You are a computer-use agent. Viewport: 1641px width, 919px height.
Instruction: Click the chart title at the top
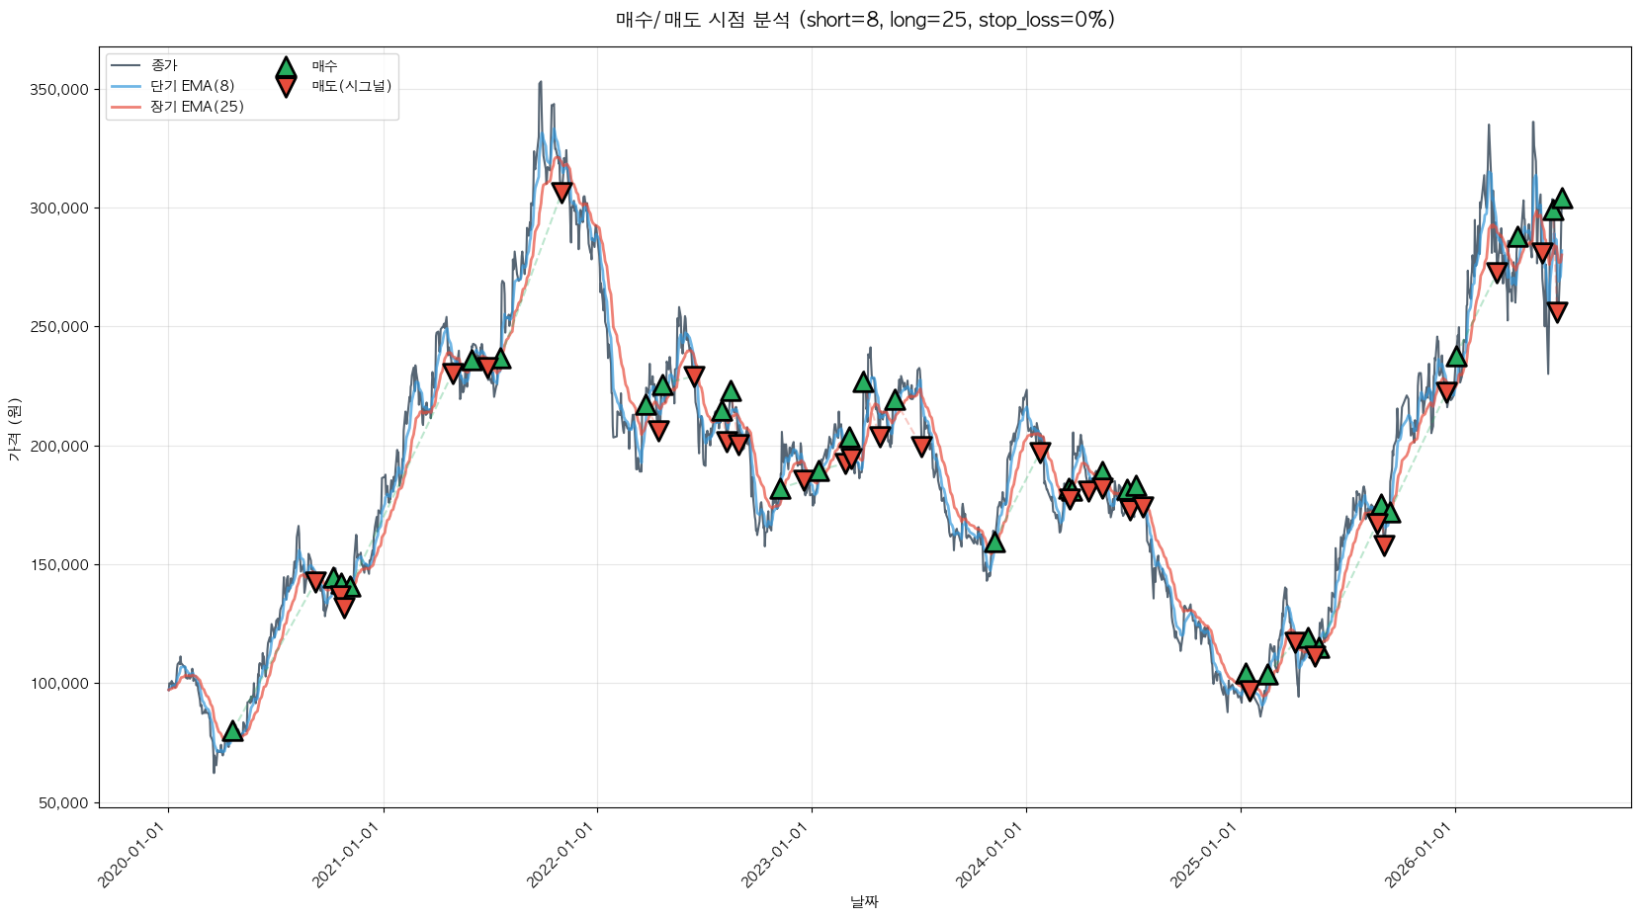pos(865,20)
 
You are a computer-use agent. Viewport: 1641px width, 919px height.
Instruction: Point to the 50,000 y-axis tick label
pos(63,802)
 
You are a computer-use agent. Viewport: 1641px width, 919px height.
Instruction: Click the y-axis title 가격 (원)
pos(15,429)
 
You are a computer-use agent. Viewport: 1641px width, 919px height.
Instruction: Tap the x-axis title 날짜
pos(864,901)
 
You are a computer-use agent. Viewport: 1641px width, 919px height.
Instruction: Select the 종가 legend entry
pos(164,66)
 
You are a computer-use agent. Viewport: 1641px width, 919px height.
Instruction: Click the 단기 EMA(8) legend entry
pos(193,86)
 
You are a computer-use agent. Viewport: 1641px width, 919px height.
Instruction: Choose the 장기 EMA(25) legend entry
pos(197,107)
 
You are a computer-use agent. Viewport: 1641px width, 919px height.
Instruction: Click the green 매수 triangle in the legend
pos(286,67)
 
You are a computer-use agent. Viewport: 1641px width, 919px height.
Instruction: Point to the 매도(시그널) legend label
pos(352,86)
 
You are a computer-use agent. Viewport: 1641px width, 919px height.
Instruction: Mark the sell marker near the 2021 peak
pos(561,192)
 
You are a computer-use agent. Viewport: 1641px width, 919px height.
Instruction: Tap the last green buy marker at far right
pos(1562,199)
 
